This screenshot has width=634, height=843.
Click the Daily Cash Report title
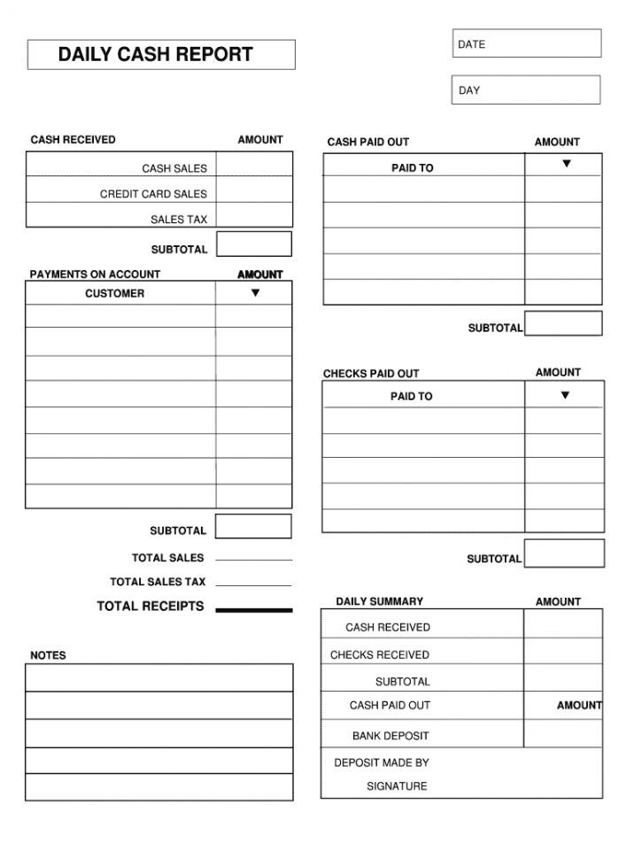156,55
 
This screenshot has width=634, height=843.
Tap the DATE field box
526,43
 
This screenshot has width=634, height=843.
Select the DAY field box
526,89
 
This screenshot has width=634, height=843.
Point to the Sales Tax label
179,220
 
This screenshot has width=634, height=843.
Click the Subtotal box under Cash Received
254,244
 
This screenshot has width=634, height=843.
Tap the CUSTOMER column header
114,294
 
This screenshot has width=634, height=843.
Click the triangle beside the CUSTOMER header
255,293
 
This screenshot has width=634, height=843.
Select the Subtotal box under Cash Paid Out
563,324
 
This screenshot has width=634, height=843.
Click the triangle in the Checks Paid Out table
565,396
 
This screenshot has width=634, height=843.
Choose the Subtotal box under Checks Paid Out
564,553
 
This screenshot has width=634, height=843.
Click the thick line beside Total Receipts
253,610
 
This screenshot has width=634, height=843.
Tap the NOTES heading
48,656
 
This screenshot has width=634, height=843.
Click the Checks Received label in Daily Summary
380,655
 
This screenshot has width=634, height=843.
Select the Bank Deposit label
390,736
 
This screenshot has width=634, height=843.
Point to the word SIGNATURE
397,786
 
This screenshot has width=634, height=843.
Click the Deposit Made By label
382,762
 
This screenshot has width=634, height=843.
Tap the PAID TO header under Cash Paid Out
413,168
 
